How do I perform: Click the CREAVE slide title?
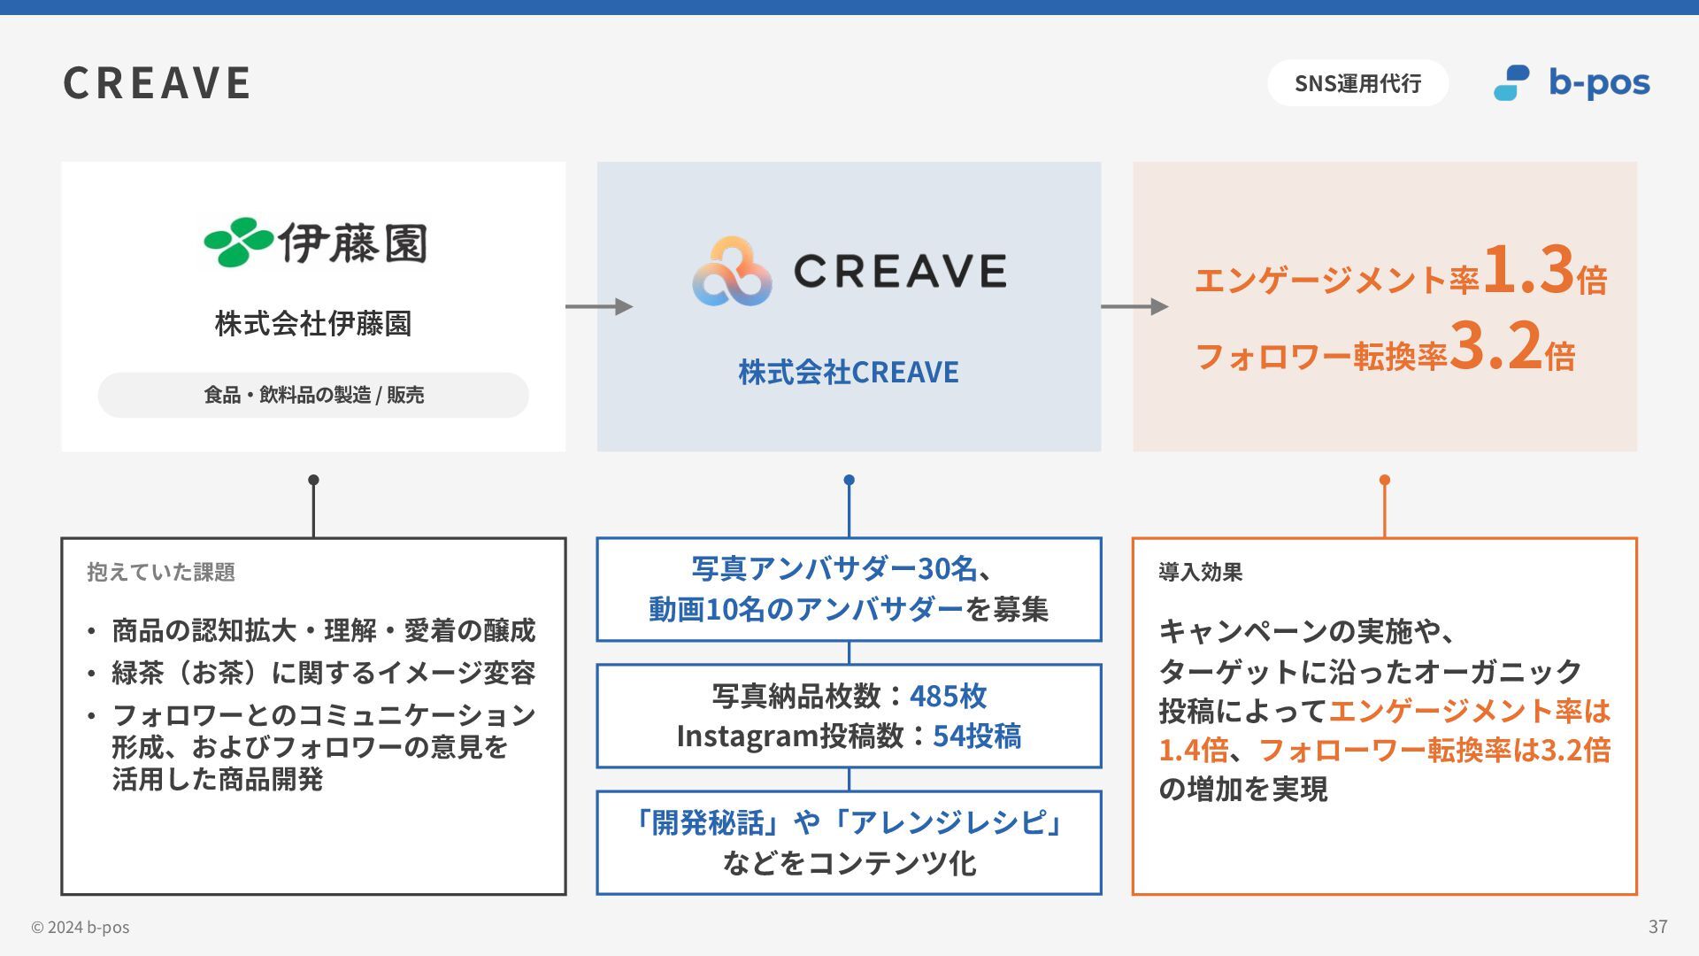(x=157, y=83)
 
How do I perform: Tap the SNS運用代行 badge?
(x=1357, y=83)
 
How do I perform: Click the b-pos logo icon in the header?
(x=1511, y=83)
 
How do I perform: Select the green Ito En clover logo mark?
(x=237, y=242)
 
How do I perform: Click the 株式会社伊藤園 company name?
(x=313, y=324)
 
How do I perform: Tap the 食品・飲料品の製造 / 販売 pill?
(x=313, y=395)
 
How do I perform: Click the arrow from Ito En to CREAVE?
(x=599, y=306)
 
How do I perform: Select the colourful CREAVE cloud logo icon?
(x=732, y=272)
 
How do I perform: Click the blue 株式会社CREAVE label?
(x=849, y=372)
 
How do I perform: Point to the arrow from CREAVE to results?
(x=1134, y=306)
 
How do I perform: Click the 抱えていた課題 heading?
(x=161, y=573)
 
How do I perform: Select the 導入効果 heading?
(x=1201, y=573)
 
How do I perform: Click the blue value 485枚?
(x=948, y=697)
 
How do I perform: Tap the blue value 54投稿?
(x=977, y=736)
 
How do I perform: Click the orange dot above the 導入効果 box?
(x=1385, y=481)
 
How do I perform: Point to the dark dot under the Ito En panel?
(x=313, y=481)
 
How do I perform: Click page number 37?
(x=1657, y=927)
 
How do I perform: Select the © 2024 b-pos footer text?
(x=81, y=928)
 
